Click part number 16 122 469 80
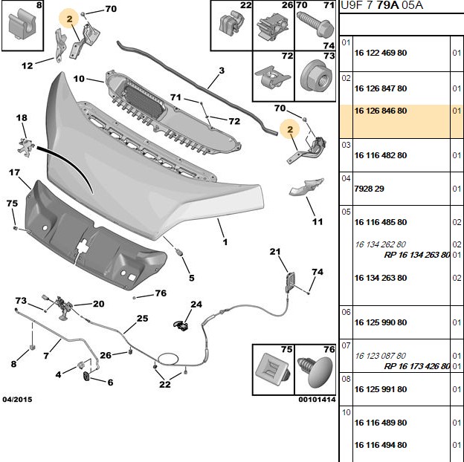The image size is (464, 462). pos(381,53)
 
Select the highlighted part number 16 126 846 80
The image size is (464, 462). pos(381,111)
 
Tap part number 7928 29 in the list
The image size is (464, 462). pos(369,189)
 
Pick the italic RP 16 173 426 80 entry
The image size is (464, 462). pos(417,366)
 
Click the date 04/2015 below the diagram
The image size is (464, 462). pos(17,400)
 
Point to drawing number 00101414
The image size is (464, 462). pos(317,400)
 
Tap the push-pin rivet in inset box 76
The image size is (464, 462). pos(315,371)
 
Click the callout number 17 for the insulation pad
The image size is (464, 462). pos(14,172)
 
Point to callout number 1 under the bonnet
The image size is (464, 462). pos(225,242)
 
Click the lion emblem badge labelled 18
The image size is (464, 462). pos(26,145)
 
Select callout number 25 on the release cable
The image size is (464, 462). pos(142,319)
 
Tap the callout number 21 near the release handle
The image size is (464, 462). pos(275,252)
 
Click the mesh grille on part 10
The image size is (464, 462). pos(144,101)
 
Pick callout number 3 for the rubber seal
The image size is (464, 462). pos(222,71)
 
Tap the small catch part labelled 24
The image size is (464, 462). pos(181,325)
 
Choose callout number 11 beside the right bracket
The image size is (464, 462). pos(318,221)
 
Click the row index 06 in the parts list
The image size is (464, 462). pos(346,312)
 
